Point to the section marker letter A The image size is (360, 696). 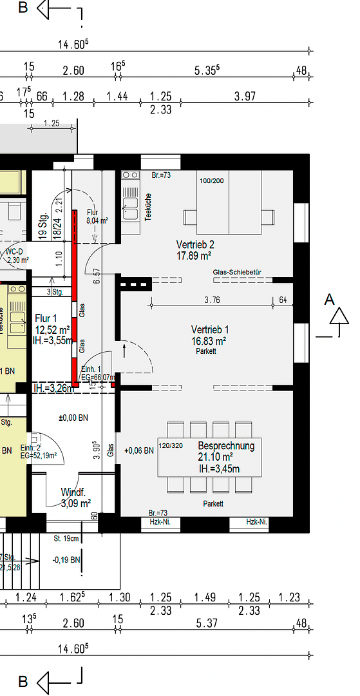[x=330, y=299]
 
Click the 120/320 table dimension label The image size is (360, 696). [x=171, y=446]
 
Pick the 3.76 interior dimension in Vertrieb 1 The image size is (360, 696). [x=216, y=300]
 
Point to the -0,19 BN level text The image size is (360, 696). [x=66, y=559]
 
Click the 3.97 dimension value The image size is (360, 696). [x=245, y=96]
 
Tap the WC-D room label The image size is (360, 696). [x=14, y=251]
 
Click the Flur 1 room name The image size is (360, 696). [x=46, y=318]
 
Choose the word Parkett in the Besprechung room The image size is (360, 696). [x=213, y=503]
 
